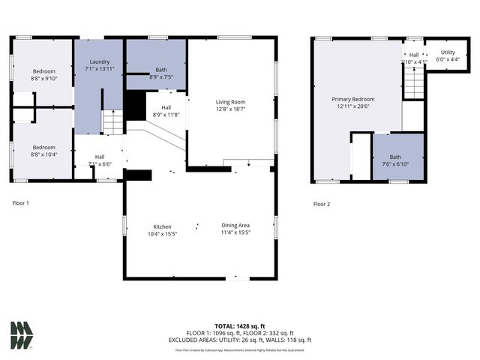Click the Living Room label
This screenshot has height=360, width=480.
click(230, 102)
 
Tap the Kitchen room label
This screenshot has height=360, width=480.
click(162, 226)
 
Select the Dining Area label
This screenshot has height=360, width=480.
click(235, 226)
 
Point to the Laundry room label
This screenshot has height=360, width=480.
click(100, 61)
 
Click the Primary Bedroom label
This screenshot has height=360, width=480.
click(353, 99)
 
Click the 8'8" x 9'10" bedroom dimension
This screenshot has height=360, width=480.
click(43, 77)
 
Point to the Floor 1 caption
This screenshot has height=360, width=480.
click(21, 202)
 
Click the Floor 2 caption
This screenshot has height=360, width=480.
click(322, 203)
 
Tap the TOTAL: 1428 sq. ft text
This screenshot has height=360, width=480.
click(239, 326)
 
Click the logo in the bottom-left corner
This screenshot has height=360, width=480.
click(21, 335)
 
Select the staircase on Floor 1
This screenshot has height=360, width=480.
click(112, 121)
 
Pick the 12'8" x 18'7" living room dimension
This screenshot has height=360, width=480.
click(230, 109)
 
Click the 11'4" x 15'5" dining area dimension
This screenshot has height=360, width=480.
click(235, 232)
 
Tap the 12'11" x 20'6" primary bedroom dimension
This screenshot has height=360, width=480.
click(353, 106)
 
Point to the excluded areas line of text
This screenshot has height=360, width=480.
click(239, 340)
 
